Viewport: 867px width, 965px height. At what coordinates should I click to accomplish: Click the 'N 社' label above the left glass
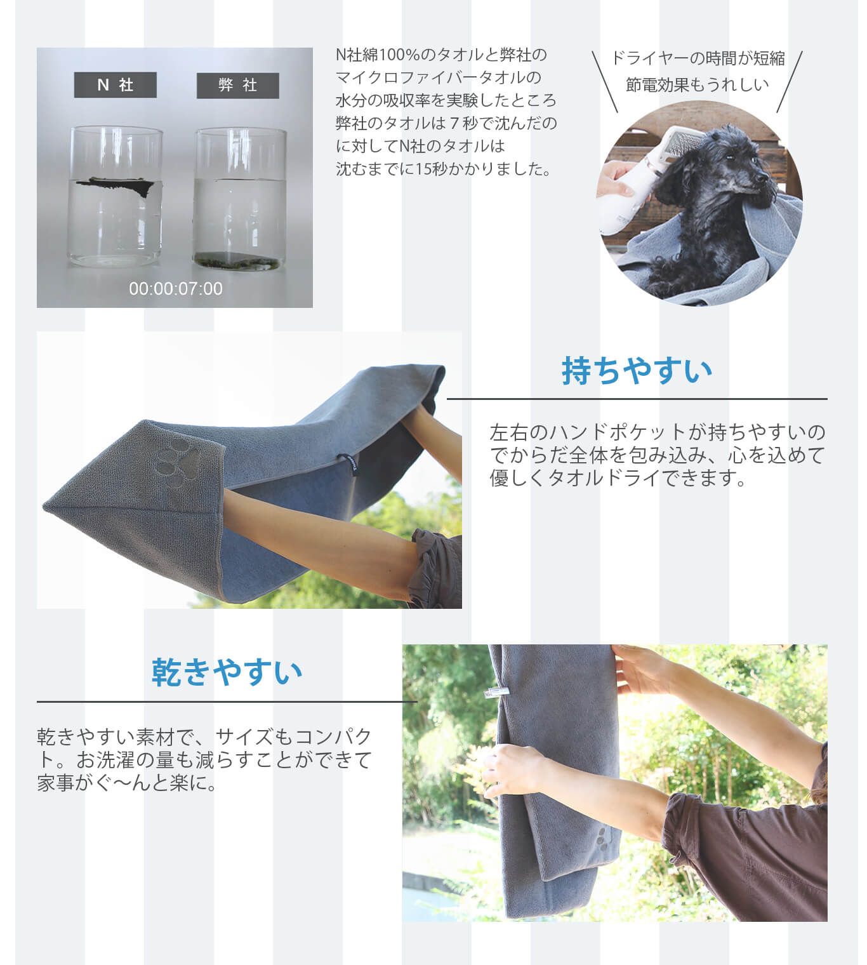click(x=115, y=85)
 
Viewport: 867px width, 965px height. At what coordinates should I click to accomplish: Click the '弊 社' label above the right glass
click(x=237, y=86)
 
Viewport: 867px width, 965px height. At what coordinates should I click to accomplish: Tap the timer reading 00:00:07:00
click(x=176, y=289)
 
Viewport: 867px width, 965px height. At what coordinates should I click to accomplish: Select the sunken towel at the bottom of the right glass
click(x=237, y=262)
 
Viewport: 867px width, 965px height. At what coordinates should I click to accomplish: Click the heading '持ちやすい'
click(x=637, y=370)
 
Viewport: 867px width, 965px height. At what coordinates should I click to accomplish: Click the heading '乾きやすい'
click(x=227, y=672)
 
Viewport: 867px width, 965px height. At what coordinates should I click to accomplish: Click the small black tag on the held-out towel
click(x=348, y=463)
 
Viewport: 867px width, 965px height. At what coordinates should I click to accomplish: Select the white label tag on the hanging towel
click(x=495, y=693)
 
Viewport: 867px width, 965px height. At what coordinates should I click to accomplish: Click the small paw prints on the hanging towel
click(x=602, y=837)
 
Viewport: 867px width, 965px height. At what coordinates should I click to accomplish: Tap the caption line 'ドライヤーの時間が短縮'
click(x=698, y=58)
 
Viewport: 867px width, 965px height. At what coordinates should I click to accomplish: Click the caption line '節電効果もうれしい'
click(x=698, y=84)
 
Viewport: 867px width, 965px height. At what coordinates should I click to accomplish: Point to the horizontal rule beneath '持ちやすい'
click(x=637, y=399)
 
